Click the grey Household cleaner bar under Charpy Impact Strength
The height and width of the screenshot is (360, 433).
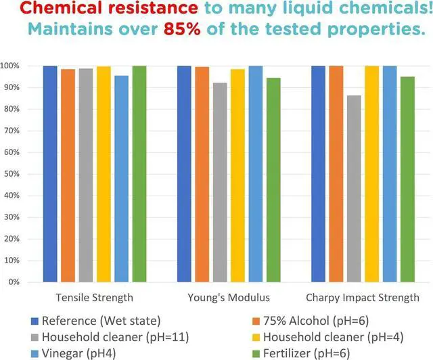tap(353, 189)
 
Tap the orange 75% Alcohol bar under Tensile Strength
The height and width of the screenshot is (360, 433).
tap(68, 175)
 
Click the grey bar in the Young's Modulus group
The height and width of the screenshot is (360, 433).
tap(220, 182)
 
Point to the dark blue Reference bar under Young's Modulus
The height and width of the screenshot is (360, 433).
tap(184, 174)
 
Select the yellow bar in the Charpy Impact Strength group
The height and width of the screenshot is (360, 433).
tap(371, 174)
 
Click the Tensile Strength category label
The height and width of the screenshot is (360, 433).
tap(94, 298)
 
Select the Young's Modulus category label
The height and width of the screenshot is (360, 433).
tap(228, 298)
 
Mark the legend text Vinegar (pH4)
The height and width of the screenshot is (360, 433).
tap(78, 353)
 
